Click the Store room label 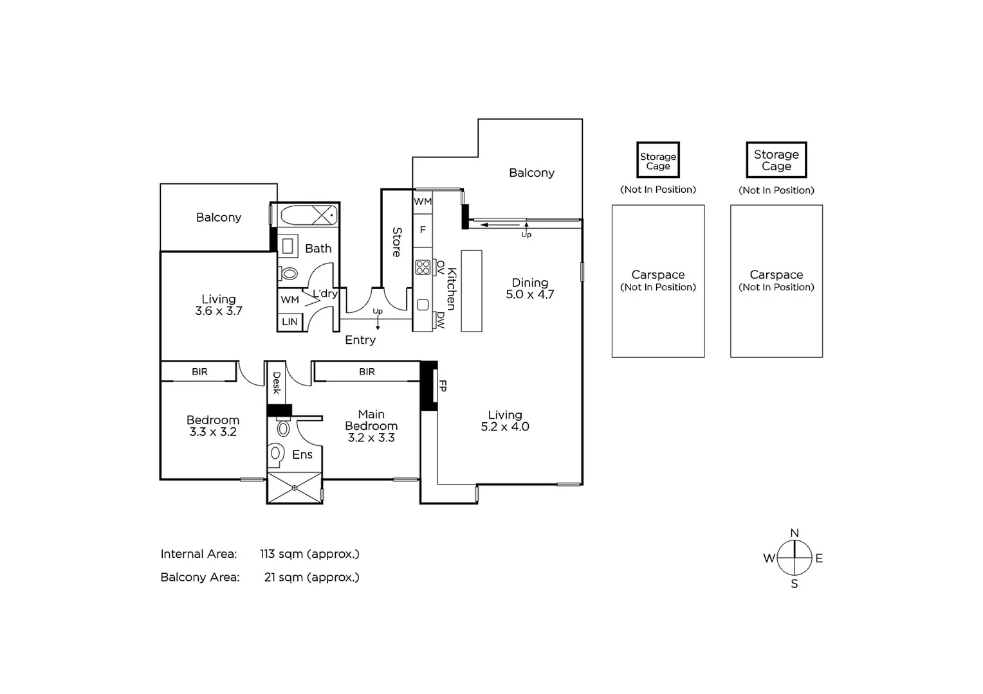coord(397,242)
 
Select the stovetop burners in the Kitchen coord(423,267)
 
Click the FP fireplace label coord(443,386)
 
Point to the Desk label coord(277,382)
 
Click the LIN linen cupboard coord(289,321)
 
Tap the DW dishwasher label coord(441,319)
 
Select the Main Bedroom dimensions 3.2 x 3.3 coord(371,438)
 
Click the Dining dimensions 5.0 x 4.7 coord(530,294)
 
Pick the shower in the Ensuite coord(295,488)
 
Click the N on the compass coord(795,533)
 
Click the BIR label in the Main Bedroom coord(367,371)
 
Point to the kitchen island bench coord(472,290)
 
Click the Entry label coord(360,340)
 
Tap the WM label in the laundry coord(289,299)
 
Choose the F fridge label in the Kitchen coord(423,229)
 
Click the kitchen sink coord(423,305)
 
